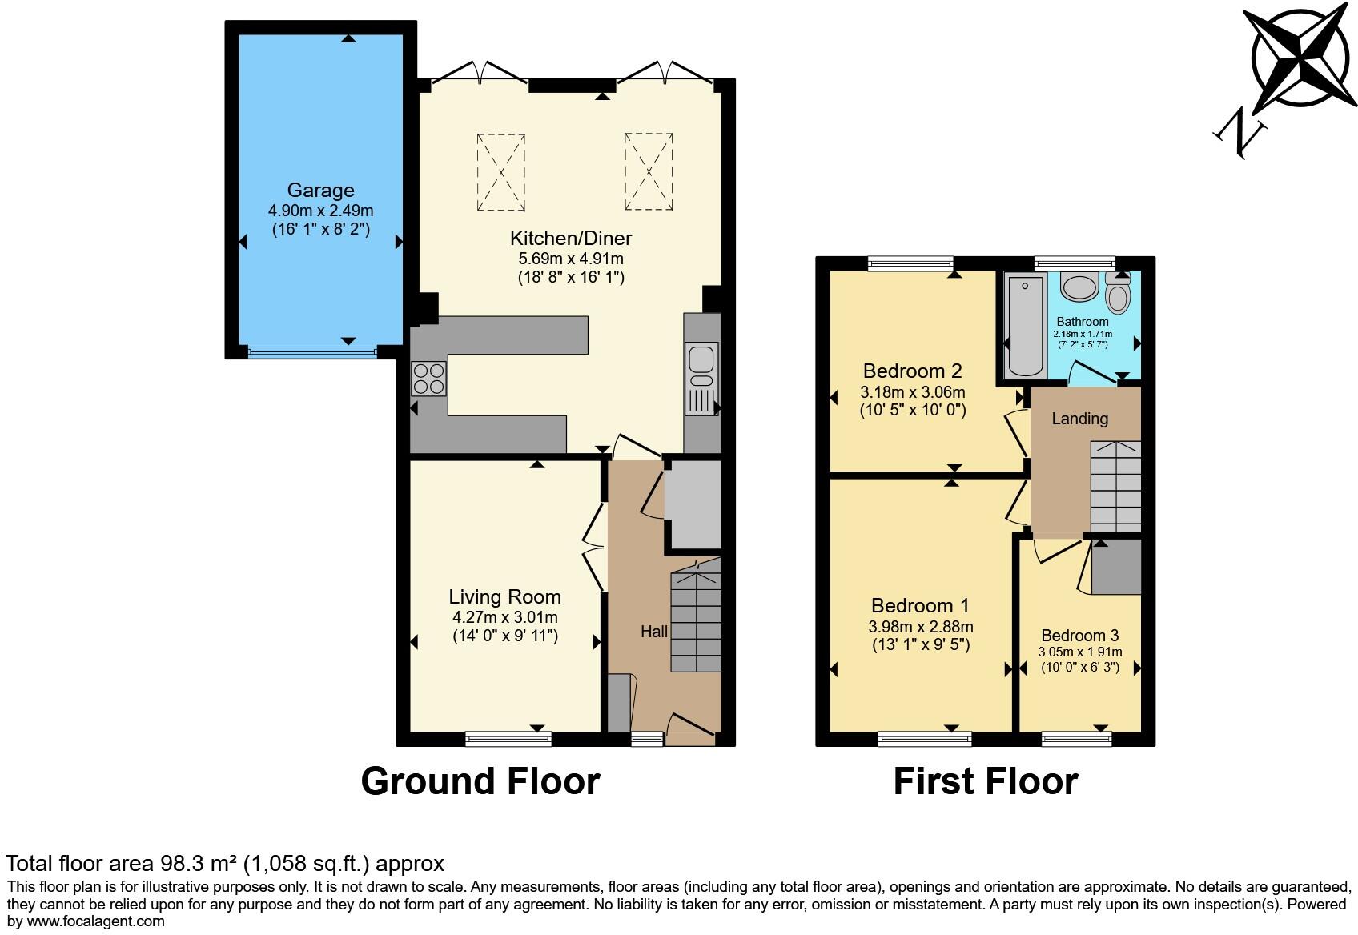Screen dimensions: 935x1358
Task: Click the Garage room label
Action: pyautogui.click(x=320, y=191)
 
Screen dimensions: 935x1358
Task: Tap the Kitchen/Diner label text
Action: pyautogui.click(x=571, y=239)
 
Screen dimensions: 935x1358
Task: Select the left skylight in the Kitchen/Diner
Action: pyautogui.click(x=501, y=172)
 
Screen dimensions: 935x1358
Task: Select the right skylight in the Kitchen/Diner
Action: pyautogui.click(x=649, y=172)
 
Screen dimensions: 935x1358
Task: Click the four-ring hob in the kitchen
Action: pyautogui.click(x=428, y=379)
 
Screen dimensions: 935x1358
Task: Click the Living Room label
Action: pyautogui.click(x=504, y=597)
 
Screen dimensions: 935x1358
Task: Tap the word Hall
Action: pyautogui.click(x=654, y=632)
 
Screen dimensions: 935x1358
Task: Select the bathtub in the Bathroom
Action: pyautogui.click(x=1025, y=326)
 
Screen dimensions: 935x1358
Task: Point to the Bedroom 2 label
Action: pyautogui.click(x=912, y=371)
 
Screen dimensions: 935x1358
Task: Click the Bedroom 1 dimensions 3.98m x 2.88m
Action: pyautogui.click(x=921, y=627)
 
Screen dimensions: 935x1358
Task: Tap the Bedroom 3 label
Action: pyautogui.click(x=1079, y=636)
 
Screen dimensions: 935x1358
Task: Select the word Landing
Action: pyautogui.click(x=1079, y=419)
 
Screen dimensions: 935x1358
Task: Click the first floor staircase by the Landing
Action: pyautogui.click(x=1116, y=486)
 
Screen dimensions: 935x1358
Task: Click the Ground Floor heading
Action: pyautogui.click(x=480, y=781)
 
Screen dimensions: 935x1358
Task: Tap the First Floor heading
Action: pyautogui.click(x=986, y=781)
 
